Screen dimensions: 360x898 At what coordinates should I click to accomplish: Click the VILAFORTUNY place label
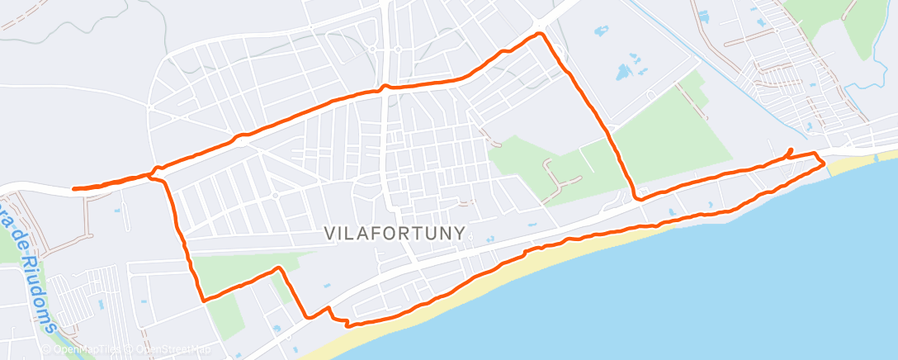[x=395, y=234]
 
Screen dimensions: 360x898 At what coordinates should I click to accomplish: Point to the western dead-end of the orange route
[x=74, y=189]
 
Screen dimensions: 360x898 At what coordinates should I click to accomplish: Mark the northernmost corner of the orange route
[x=541, y=34]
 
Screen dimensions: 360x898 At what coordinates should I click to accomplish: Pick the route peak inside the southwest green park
[x=279, y=268]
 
